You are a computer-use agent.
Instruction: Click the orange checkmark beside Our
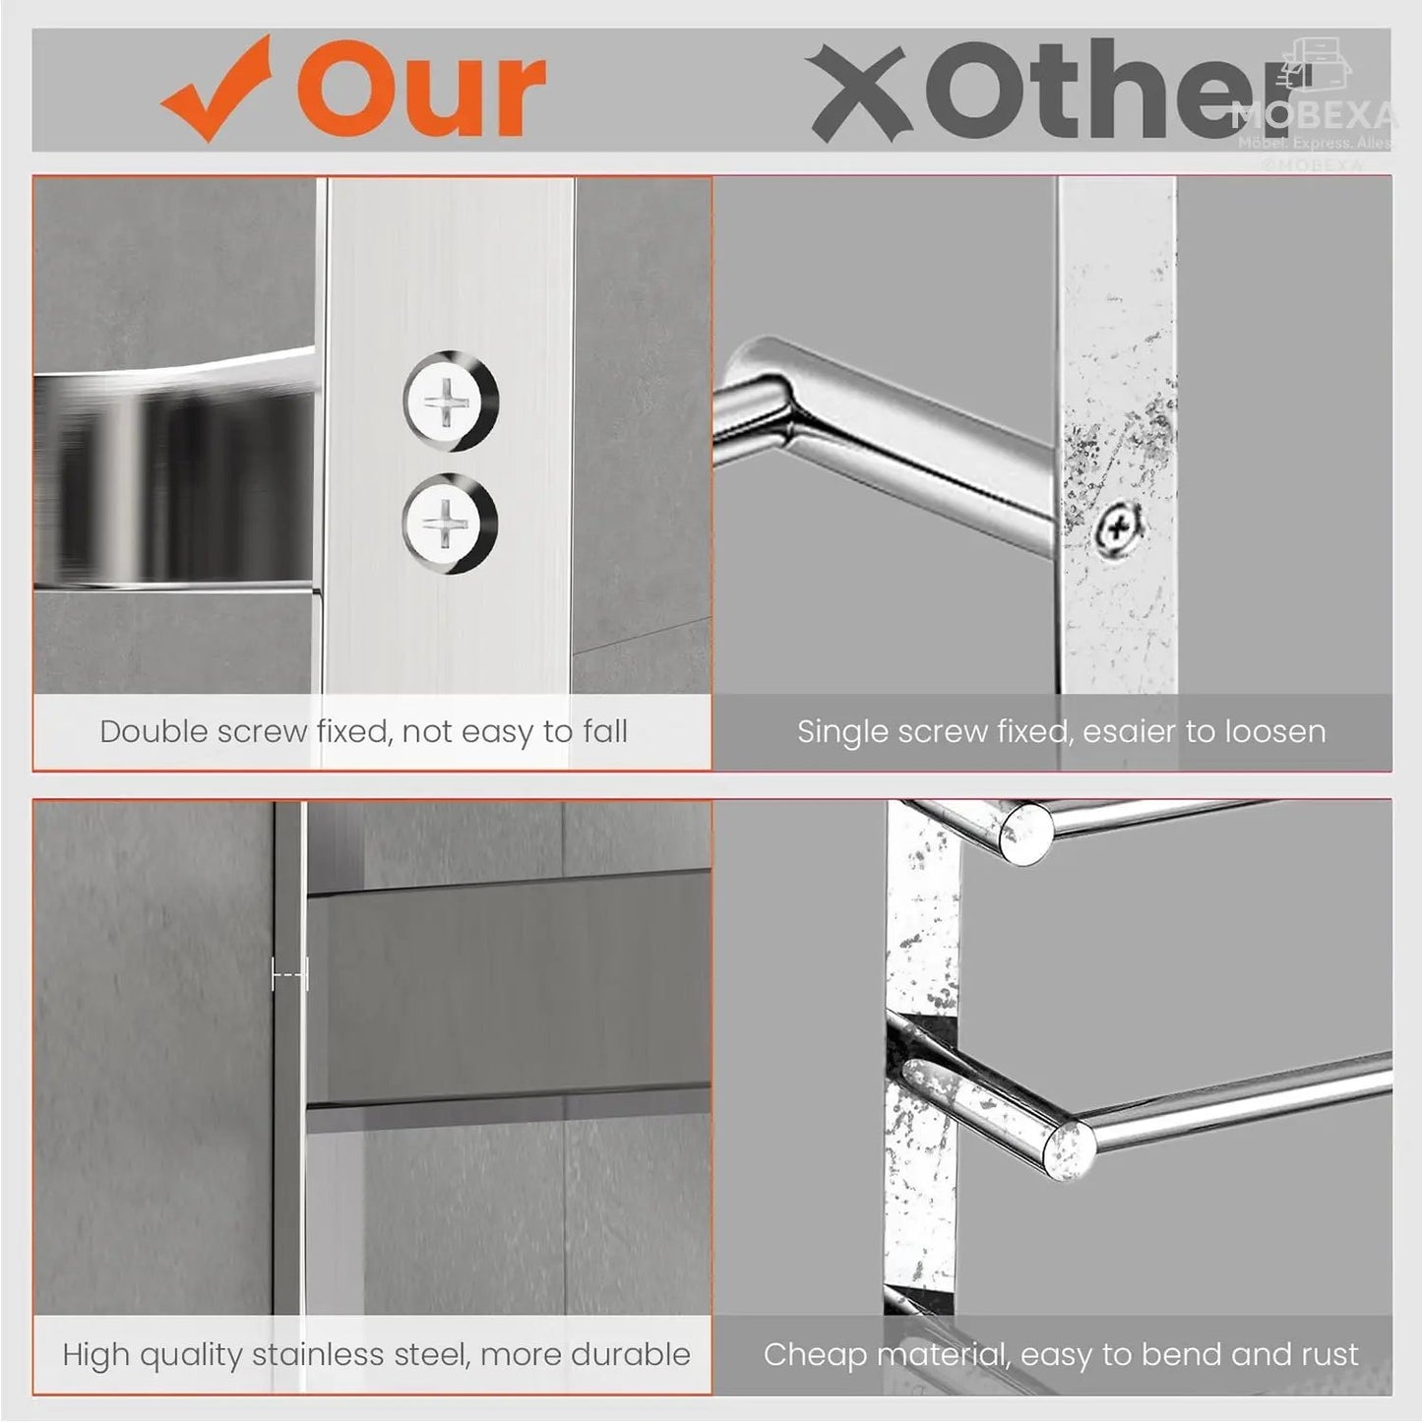click(x=216, y=89)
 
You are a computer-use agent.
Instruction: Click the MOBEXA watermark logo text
click(x=1314, y=116)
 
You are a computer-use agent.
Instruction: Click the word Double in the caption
click(x=154, y=731)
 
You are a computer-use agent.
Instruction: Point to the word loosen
click(x=1275, y=731)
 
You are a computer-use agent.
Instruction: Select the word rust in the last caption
click(x=1329, y=1354)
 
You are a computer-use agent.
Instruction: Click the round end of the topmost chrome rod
click(x=1024, y=835)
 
